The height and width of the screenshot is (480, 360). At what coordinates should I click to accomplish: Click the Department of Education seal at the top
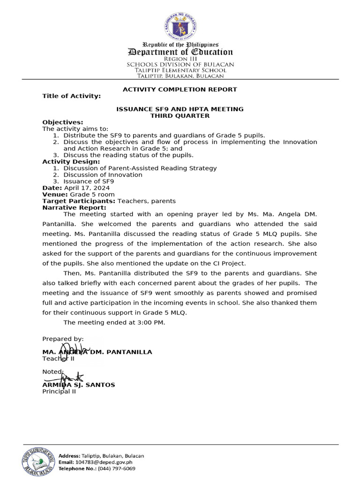point(180,26)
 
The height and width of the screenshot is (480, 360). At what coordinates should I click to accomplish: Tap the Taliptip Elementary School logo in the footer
point(38,461)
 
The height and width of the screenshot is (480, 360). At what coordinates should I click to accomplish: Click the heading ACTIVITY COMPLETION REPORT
point(180,90)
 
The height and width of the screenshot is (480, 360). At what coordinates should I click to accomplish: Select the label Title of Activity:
point(71,96)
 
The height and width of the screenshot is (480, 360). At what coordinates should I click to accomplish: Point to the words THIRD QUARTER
point(180,116)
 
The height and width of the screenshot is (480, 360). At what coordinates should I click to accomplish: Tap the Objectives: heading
point(63,122)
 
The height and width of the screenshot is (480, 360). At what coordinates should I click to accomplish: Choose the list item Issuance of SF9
point(89,181)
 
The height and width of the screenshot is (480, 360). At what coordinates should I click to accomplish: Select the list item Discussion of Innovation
point(103,175)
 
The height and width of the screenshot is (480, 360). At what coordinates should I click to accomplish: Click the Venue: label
point(55,195)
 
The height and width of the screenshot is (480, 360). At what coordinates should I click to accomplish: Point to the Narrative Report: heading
point(74,208)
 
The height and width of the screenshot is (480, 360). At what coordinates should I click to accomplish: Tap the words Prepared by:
point(63,339)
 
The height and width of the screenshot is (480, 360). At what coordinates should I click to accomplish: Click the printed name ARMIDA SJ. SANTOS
point(79,385)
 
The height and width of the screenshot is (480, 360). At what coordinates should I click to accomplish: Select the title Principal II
point(59,392)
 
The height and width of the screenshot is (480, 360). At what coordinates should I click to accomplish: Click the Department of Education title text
point(180,52)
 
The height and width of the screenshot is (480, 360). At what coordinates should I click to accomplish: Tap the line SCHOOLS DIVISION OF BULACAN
point(180,65)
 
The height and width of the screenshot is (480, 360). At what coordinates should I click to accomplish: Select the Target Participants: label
point(79,201)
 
